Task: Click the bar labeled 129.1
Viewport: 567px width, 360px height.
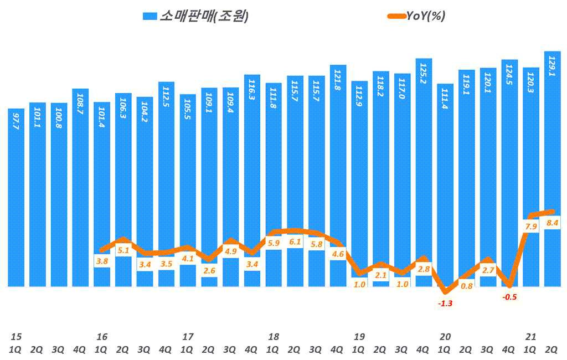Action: [553, 166]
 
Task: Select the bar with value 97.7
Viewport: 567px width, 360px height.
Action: [17, 199]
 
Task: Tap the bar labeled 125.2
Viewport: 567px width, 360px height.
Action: [424, 166]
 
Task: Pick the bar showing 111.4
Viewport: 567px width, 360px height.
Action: [445, 183]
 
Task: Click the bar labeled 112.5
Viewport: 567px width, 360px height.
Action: [167, 183]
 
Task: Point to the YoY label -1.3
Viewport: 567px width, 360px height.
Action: [445, 304]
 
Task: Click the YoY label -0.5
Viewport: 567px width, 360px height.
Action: [509, 297]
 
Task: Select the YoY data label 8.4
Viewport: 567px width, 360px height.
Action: [553, 223]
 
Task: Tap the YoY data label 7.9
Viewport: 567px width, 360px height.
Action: [531, 227]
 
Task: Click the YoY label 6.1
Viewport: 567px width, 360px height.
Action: [295, 241]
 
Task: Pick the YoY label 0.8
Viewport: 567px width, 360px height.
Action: [467, 286]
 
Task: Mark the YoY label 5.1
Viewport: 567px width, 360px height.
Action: [124, 250]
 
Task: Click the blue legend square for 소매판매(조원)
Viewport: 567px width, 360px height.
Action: [150, 17]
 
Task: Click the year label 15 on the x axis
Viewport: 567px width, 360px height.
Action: [16, 336]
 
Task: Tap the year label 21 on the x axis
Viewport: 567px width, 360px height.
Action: [531, 336]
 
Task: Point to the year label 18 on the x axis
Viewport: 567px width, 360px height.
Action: [274, 336]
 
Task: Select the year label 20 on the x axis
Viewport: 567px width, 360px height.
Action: [445, 336]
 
